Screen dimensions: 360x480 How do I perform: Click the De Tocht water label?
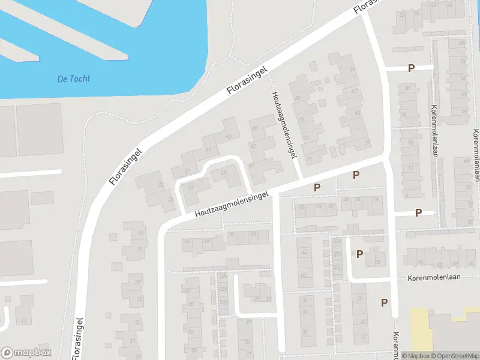[x=74, y=79]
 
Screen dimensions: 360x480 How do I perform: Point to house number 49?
[x=224, y=173]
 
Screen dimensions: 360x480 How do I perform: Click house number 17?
[x=24, y=321]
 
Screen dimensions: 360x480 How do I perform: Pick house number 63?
[x=227, y=137]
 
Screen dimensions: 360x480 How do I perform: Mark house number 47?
[x=253, y=146]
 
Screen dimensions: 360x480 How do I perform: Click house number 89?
[x=298, y=98]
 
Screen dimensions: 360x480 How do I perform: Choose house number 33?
[x=160, y=184]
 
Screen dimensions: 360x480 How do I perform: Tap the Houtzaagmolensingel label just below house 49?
[x=231, y=205]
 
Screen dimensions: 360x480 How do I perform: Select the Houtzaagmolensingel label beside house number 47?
[x=284, y=125]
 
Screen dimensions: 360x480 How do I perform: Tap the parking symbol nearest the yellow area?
[x=384, y=302]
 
